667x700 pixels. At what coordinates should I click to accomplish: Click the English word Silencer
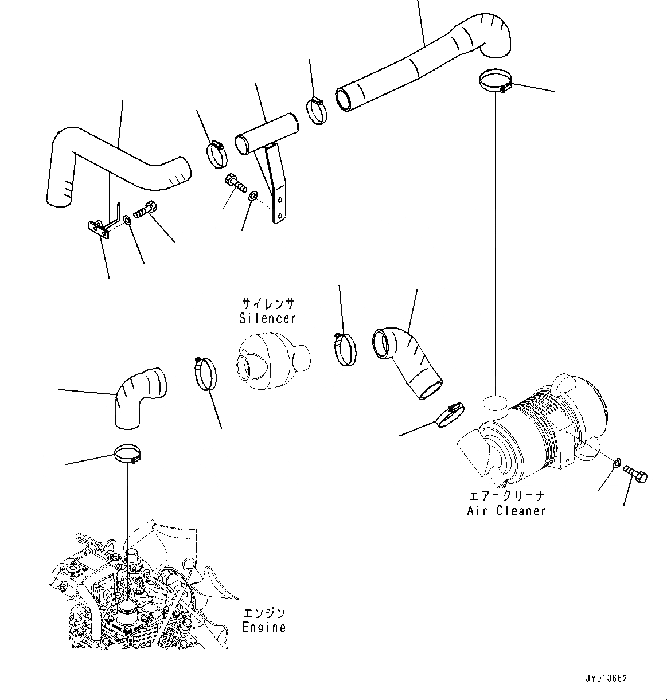coord(268,318)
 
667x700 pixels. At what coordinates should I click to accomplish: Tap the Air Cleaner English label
coord(506,510)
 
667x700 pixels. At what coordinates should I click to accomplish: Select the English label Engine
coord(263,627)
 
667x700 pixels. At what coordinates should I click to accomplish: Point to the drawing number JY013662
coord(607,678)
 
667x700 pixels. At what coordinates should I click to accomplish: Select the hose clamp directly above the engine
coord(128,454)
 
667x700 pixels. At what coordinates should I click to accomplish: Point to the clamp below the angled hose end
coord(449,415)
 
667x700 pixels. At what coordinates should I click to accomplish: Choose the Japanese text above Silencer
coord(268,303)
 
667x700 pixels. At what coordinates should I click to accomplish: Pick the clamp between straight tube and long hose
coord(316,110)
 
